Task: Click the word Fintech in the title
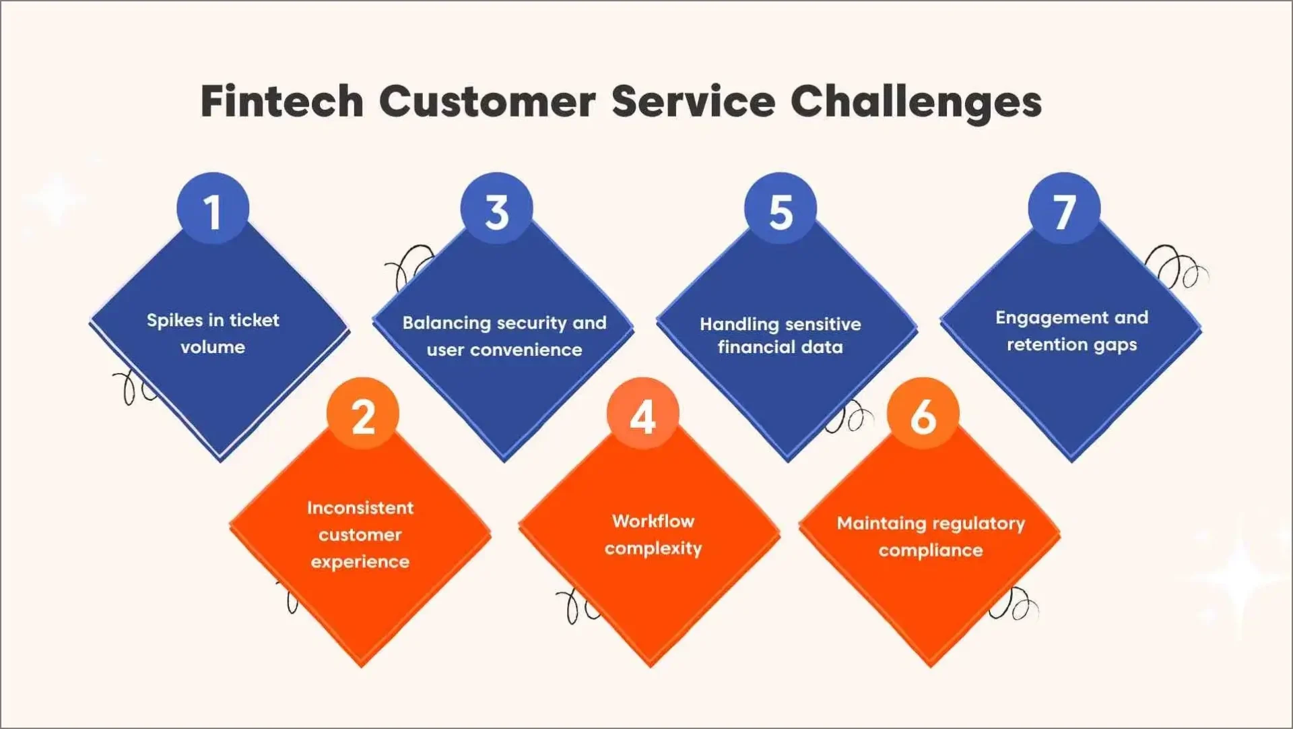click(x=281, y=102)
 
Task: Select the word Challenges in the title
click(x=916, y=102)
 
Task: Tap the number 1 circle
click(x=213, y=210)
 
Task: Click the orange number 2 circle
click(x=363, y=415)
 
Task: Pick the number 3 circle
click(x=497, y=210)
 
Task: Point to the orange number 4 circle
click(x=643, y=415)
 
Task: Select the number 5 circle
click(x=781, y=210)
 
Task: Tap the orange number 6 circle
click(x=923, y=415)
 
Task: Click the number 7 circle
click(x=1064, y=210)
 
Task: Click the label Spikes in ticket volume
click(x=213, y=334)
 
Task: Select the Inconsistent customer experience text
click(x=360, y=534)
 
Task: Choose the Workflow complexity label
click(x=653, y=535)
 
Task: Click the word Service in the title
click(x=694, y=102)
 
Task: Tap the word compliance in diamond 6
click(x=931, y=550)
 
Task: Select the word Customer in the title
click(x=487, y=102)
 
